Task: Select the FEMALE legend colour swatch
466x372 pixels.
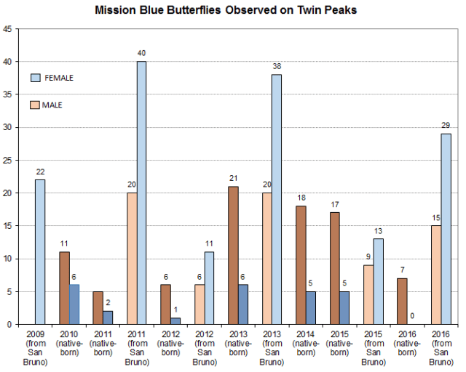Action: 36,78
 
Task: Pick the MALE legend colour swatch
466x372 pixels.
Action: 36,105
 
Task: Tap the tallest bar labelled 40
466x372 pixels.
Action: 141,193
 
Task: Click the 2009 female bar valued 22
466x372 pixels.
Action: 40,252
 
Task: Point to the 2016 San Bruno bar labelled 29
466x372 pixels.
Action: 446,229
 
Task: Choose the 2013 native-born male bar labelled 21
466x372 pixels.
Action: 234,255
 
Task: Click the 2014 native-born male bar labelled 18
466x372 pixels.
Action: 301,265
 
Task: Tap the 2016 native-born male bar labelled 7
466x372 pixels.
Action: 402,301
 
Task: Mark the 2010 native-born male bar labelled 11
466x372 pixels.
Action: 63,288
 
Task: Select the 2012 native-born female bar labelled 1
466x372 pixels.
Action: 175,320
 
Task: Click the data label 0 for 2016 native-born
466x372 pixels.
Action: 413,316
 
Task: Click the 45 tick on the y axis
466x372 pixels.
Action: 8,29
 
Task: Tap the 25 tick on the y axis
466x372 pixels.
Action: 8,161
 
